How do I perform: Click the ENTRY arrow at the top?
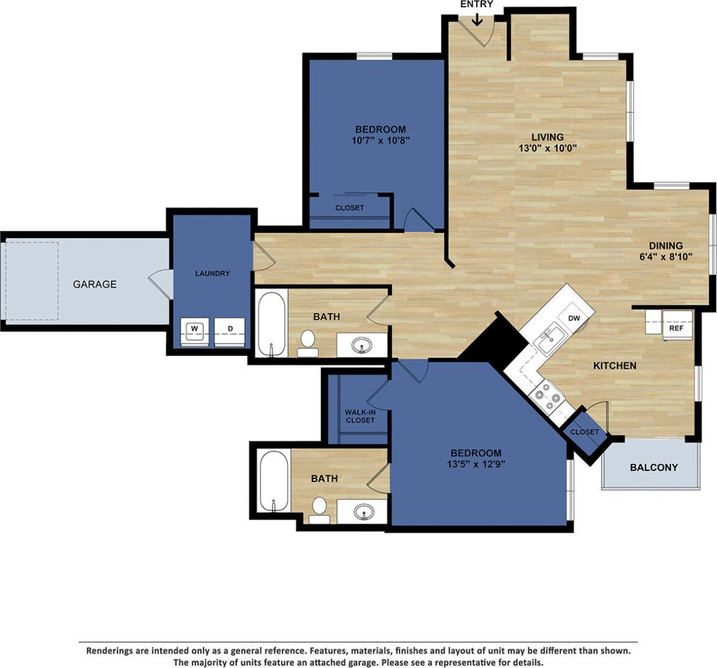point(477,18)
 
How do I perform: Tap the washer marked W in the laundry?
point(194,328)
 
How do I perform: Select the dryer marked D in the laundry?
point(229,328)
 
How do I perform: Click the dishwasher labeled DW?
point(574,318)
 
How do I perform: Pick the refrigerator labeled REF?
point(676,327)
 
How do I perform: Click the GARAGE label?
point(95,284)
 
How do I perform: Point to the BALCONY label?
point(653,467)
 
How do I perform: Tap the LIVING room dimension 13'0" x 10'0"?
point(547,148)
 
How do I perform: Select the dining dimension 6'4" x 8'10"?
point(665,256)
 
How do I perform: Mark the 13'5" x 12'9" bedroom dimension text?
point(476,464)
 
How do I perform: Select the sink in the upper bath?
point(361,345)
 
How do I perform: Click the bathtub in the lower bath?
point(274,482)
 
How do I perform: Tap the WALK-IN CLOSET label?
point(360,416)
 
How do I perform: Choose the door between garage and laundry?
point(161,284)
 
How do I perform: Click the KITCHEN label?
point(614,365)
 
